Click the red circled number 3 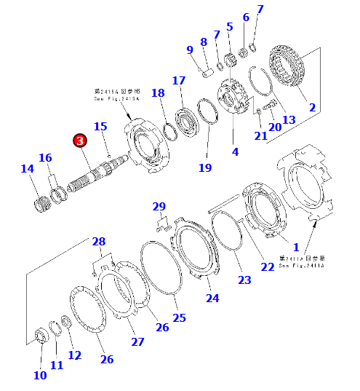[79, 141]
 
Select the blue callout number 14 [27, 169]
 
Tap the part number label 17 [179, 80]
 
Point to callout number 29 [159, 208]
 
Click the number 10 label [40, 375]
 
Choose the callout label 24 [212, 298]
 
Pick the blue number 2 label [312, 107]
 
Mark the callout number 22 [268, 267]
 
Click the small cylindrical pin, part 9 [206, 73]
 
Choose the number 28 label [98, 241]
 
